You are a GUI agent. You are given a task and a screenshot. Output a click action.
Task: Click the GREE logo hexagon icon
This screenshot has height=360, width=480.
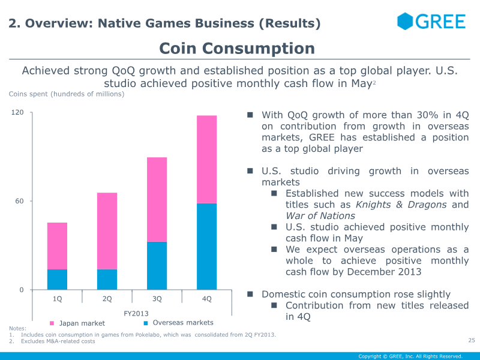coord(406,22)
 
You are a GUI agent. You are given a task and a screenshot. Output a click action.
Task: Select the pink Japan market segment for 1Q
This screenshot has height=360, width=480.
coord(57,246)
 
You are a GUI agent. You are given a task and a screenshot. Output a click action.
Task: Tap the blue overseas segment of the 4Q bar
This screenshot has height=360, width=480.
coord(207,247)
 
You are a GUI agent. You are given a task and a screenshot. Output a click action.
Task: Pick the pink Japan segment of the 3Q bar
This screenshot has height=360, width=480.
coord(157,199)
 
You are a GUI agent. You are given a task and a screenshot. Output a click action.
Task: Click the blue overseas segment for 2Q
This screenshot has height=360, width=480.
coord(107,280)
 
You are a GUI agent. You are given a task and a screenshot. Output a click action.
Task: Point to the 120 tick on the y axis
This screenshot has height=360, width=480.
coord(18,113)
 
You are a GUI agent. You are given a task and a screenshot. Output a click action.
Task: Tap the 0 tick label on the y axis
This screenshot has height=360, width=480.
coord(22,290)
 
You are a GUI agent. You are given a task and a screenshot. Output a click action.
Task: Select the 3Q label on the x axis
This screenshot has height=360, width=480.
coord(157,298)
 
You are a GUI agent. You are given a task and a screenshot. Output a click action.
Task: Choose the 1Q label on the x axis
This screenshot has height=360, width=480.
coord(57,298)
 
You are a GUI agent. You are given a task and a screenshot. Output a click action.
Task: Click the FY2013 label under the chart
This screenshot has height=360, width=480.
coord(136,313)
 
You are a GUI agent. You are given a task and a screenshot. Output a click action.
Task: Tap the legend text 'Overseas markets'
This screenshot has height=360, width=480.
coord(183,323)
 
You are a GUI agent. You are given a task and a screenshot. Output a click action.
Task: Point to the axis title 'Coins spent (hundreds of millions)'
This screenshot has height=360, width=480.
coord(67,94)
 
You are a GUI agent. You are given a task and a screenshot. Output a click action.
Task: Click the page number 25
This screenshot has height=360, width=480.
coord(471,341)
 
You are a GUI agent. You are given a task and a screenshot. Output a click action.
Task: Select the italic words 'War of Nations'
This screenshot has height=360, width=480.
coord(320,216)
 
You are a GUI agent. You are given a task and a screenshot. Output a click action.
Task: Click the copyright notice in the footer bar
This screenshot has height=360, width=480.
coord(410,356)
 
